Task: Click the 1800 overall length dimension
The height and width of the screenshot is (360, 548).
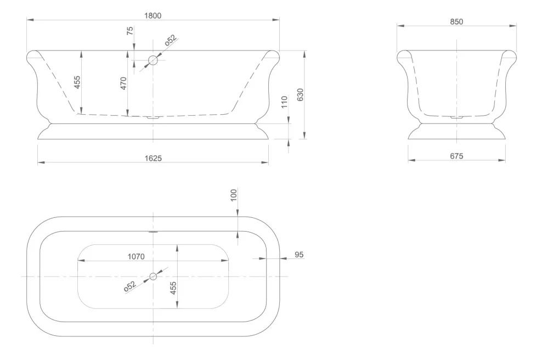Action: (152, 16)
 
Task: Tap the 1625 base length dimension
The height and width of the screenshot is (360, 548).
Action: (153, 159)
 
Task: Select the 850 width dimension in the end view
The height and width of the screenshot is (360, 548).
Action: (456, 21)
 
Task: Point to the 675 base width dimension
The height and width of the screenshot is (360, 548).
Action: (456, 156)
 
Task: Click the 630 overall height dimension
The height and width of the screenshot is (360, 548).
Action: (300, 95)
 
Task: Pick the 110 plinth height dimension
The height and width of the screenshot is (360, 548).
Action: (284, 102)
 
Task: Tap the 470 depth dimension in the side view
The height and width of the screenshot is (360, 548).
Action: (123, 83)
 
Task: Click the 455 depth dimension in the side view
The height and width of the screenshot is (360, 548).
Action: (77, 82)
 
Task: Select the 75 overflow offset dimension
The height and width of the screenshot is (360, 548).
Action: (130, 31)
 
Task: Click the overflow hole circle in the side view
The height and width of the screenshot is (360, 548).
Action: (153, 60)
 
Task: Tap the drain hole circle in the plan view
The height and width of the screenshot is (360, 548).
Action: (153, 277)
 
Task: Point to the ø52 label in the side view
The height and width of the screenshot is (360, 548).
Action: (171, 40)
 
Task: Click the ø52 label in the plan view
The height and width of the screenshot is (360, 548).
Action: (129, 286)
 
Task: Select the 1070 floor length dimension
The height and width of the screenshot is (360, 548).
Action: (136, 257)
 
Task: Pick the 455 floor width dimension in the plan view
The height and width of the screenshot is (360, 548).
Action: (173, 288)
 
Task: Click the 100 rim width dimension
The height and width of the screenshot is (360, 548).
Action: (234, 195)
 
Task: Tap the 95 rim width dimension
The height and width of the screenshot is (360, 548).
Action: (299, 255)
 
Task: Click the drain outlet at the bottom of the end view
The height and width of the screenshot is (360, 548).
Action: (456, 117)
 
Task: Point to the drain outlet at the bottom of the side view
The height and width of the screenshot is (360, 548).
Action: (153, 117)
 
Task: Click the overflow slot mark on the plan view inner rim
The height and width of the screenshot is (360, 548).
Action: (153, 232)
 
